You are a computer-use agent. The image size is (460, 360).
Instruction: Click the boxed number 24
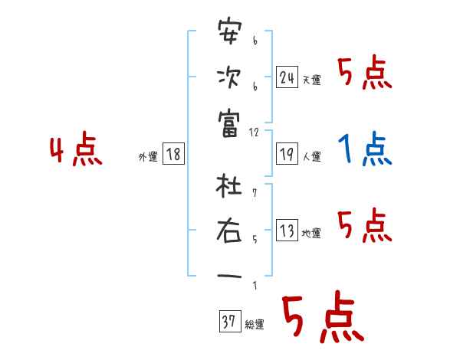(287, 77)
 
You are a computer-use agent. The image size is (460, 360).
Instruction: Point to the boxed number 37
(229, 322)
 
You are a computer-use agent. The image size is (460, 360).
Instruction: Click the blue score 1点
(365, 150)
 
